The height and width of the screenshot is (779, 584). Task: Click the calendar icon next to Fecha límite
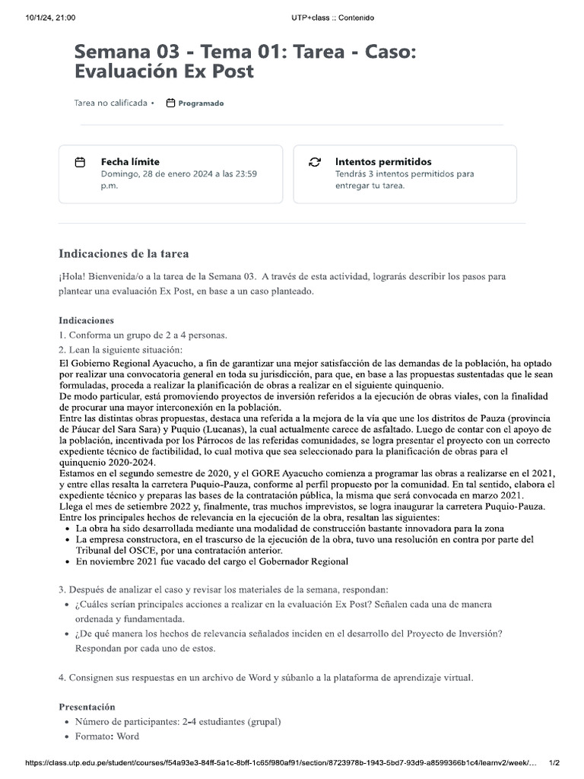(80, 163)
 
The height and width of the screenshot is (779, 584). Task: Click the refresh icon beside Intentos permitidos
(314, 163)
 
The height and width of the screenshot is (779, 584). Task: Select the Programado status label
(201, 103)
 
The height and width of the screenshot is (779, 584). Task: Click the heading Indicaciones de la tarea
(124, 253)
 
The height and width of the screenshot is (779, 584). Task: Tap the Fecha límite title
(130, 161)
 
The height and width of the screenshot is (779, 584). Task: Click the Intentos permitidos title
(383, 161)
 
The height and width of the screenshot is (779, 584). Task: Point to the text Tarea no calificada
(110, 103)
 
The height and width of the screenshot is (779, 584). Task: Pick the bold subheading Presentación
(87, 707)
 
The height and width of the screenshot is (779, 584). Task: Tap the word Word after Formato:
(128, 736)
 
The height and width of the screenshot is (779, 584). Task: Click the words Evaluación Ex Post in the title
(163, 72)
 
